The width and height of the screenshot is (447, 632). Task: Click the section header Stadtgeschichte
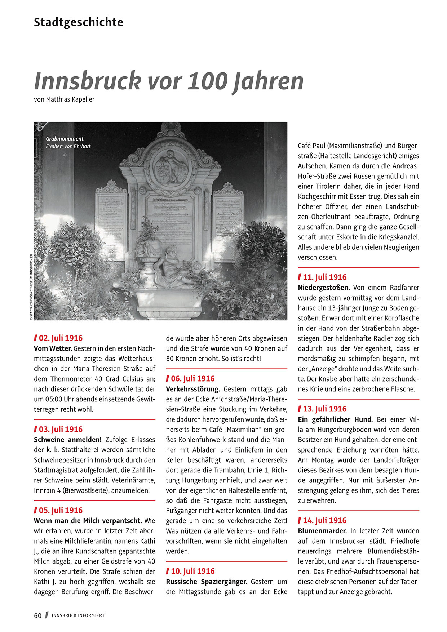[x=79, y=22]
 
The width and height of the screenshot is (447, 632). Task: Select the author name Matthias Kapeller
[x=70, y=99]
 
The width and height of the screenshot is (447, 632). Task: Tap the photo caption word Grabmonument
[x=65, y=139]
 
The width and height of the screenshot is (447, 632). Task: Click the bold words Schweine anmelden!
[x=68, y=440]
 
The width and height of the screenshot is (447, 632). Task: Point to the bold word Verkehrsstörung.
[x=193, y=389]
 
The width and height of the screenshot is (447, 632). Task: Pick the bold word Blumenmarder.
[x=322, y=531]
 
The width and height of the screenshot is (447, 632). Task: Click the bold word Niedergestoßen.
[x=324, y=288]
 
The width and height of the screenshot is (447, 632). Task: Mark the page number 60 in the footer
[x=38, y=615]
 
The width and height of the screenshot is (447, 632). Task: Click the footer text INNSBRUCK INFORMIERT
[x=78, y=615]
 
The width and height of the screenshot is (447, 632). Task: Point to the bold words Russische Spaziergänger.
[x=207, y=582]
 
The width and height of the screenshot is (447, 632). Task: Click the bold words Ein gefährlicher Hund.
[x=335, y=419]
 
